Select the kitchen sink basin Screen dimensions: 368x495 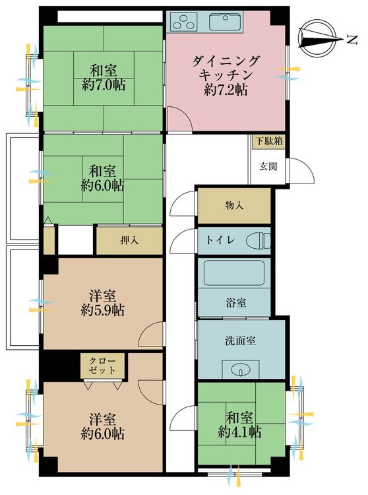point(226,22)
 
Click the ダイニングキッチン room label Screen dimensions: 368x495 point(226,67)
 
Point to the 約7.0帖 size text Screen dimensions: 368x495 point(103,85)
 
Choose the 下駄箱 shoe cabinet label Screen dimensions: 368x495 point(269,141)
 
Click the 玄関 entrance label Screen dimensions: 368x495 point(268,166)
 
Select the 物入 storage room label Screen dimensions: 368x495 point(234,206)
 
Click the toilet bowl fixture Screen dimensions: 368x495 point(259,241)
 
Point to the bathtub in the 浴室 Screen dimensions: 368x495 point(233,273)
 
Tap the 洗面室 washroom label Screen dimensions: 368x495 point(240,341)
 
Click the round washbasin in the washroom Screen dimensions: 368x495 point(241,370)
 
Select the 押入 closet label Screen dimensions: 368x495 point(129,240)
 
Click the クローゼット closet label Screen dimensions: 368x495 point(102,365)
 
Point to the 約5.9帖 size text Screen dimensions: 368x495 point(102,311)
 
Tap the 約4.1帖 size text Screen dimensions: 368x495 point(239,432)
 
